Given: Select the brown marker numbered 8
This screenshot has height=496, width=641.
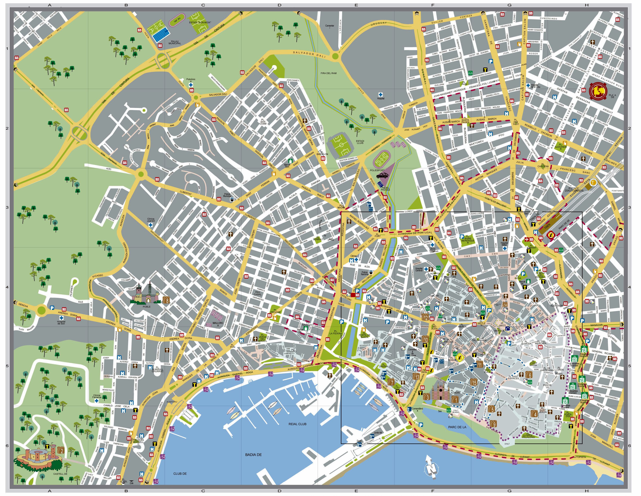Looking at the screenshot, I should [x=166, y=300].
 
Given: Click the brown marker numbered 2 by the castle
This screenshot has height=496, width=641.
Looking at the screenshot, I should [x=61, y=450].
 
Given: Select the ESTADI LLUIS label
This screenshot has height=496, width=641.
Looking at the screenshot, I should [x=360, y=142].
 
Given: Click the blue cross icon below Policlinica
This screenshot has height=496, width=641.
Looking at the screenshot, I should [x=191, y=85].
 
